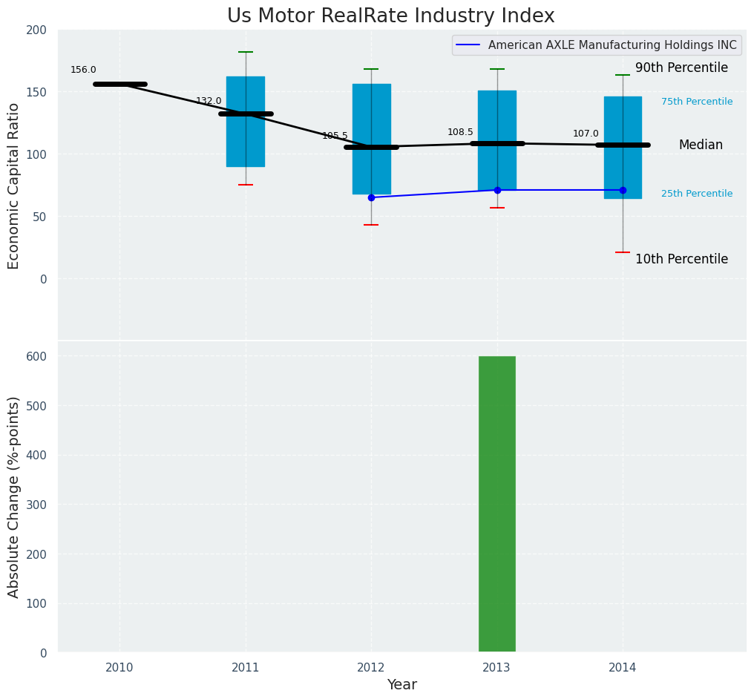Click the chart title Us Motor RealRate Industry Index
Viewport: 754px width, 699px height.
390,16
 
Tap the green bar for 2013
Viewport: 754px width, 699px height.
496,504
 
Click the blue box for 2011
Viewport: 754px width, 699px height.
246,122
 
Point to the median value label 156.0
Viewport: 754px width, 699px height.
83,70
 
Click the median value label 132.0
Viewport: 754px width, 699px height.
209,101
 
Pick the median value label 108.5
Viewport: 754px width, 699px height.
460,132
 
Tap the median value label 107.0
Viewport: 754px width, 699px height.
586,134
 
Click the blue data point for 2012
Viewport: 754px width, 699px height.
371,197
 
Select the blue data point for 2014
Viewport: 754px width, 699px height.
623,190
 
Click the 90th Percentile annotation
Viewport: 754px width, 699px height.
681,68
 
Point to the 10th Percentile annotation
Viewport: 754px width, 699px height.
681,259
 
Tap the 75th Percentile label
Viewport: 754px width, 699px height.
696,102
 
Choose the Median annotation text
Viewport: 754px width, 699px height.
700,145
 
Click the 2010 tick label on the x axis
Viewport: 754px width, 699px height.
119,668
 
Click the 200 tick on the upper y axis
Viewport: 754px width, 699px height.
37,30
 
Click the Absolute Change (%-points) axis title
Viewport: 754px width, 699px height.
14,496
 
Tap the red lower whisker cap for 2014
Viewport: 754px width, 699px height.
623,252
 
